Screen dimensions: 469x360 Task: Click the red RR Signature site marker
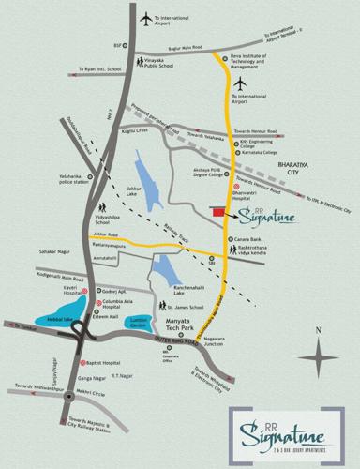tap(217, 214)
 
